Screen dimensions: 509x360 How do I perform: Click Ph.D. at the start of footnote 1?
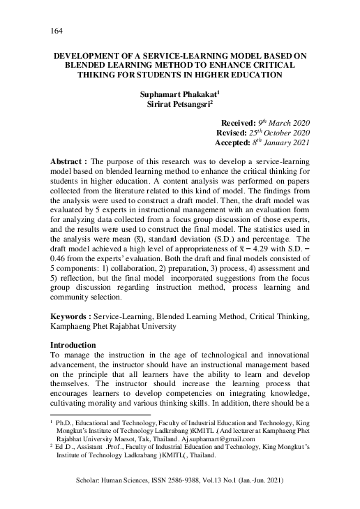pos(66,423)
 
